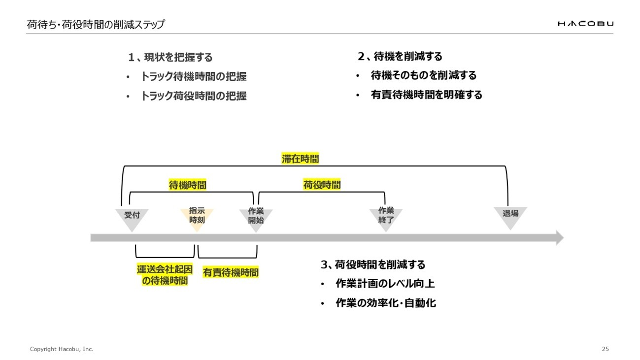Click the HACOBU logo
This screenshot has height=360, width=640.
click(585, 24)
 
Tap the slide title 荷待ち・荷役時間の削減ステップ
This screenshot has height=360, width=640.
click(96, 24)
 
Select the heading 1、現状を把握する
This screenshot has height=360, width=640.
click(170, 58)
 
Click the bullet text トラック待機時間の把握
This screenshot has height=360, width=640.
click(193, 77)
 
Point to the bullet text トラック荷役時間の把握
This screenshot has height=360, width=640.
click(193, 96)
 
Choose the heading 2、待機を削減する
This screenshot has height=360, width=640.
click(400, 57)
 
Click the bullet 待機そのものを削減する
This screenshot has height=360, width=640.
click(423, 75)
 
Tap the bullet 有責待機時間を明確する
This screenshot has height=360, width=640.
click(426, 95)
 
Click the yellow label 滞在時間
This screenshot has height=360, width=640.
click(300, 159)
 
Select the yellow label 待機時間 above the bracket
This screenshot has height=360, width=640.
click(187, 185)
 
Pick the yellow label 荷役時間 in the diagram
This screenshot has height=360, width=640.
click(322, 185)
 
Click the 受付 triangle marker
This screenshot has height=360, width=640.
click(132, 218)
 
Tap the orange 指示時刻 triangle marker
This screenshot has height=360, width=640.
click(197, 217)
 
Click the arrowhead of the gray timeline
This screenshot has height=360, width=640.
click(559, 238)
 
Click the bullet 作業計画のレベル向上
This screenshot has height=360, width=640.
click(385, 284)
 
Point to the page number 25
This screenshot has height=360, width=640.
click(605, 349)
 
